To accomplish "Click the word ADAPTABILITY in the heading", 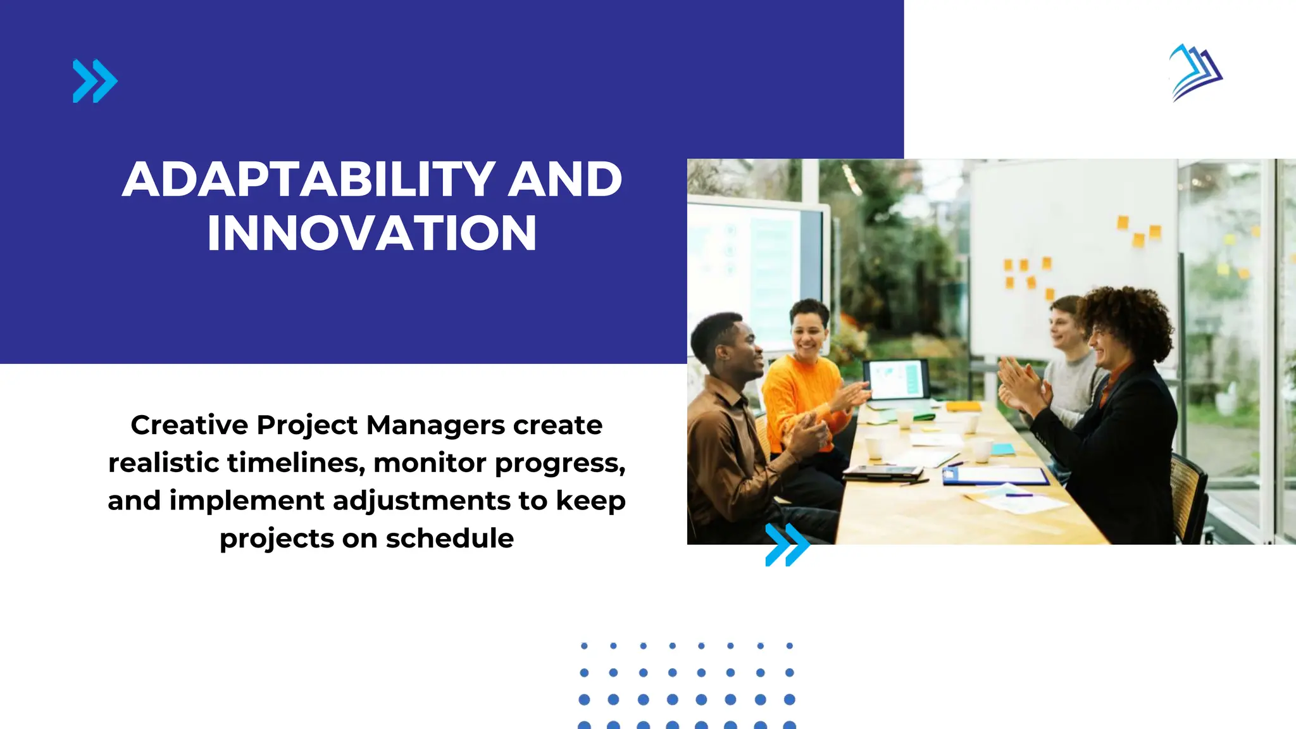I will pos(308,179).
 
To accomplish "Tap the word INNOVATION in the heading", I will pos(372,233).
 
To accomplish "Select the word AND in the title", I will pos(565,179).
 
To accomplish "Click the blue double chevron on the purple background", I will pos(95,81).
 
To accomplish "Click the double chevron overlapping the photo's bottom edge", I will pos(787,544).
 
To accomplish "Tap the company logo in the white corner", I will pos(1195,73).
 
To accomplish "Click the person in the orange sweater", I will pos(801,392).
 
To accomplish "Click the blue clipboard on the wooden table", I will pos(994,476).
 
